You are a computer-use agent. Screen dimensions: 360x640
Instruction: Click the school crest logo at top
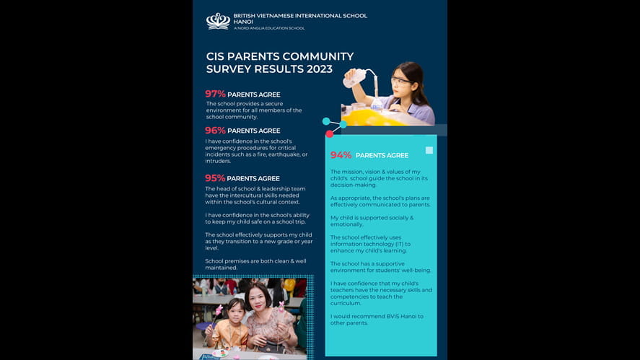point(218,21)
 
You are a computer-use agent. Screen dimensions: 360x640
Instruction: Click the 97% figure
point(215,94)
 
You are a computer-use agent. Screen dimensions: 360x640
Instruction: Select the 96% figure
point(215,131)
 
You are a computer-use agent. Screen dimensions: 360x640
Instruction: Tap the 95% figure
point(215,178)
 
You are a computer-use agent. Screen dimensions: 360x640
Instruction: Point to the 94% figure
point(341,155)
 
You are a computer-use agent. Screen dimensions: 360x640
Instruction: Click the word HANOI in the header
point(243,22)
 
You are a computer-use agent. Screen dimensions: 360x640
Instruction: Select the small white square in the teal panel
point(429,150)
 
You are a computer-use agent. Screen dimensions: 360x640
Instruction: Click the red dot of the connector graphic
point(330,133)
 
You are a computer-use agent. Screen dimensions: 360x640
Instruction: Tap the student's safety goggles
point(400,81)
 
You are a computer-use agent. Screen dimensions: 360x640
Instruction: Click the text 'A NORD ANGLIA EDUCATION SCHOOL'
point(268,28)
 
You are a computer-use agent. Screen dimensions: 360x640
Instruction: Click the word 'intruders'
point(219,161)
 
